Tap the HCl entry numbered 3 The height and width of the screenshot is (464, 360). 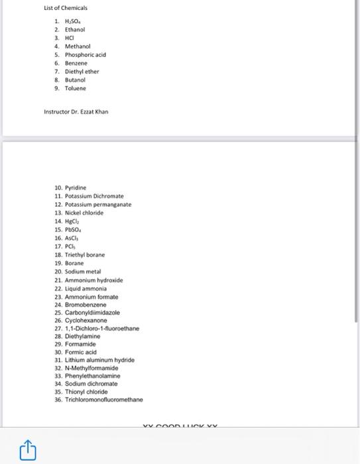70,38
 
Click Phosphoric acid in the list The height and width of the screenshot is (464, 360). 85,54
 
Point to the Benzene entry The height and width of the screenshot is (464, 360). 76,63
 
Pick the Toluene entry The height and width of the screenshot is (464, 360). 76,87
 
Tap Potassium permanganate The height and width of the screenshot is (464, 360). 98,205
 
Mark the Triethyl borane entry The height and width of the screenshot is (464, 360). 85,255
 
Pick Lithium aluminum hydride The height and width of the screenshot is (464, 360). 100,359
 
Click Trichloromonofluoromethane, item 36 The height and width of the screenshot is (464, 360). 104,400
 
